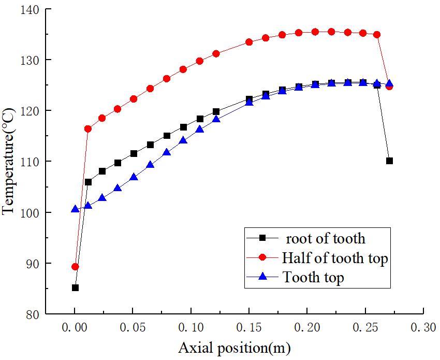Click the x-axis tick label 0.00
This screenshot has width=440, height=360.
pyautogui.click(x=75, y=328)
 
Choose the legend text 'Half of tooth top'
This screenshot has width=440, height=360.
pyautogui.click(x=334, y=258)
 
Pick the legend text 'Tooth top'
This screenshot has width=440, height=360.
pyautogui.click(x=313, y=278)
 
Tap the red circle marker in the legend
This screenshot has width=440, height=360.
pyautogui.click(x=262, y=257)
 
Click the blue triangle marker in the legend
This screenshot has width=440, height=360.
pyautogui.click(x=262, y=277)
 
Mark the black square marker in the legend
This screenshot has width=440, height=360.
pyautogui.click(x=262, y=238)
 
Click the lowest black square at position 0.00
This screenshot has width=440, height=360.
pyautogui.click(x=75, y=287)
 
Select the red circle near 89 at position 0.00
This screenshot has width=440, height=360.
pyautogui.click(x=75, y=267)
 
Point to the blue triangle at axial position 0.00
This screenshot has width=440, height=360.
pyautogui.click(x=75, y=209)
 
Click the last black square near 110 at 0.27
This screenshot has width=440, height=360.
pyautogui.click(x=389, y=161)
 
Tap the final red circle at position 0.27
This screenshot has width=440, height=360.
pyautogui.click(x=389, y=87)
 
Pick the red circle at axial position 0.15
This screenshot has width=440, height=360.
pyautogui.click(x=249, y=42)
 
